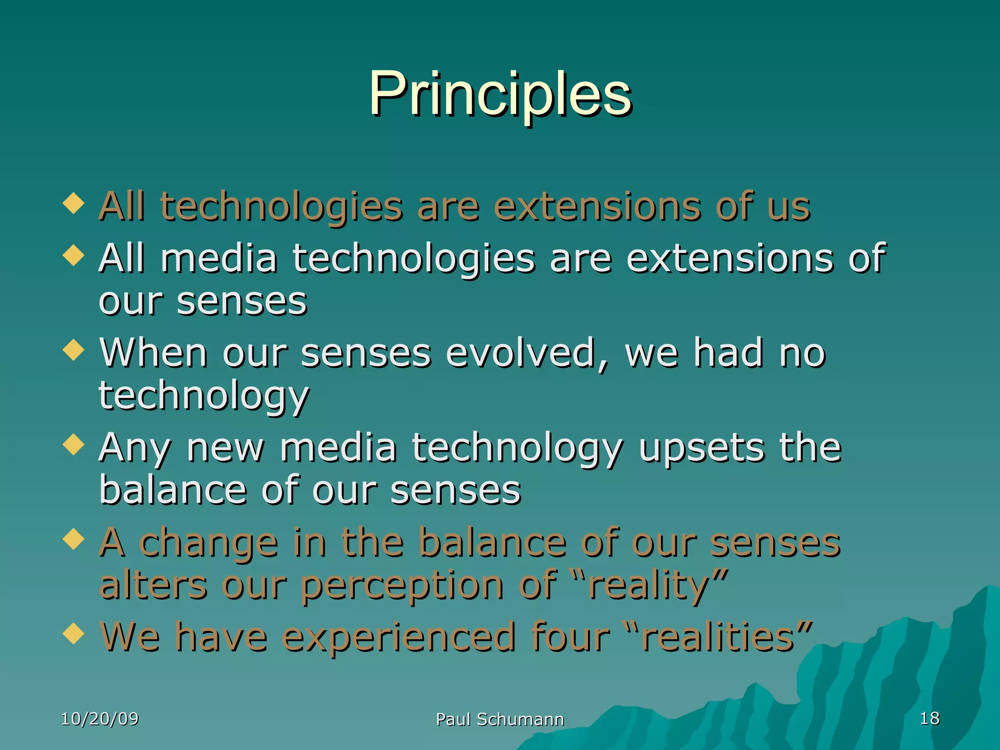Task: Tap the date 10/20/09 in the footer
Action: click(100, 719)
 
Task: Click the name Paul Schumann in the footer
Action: click(500, 719)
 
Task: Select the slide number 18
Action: click(929, 718)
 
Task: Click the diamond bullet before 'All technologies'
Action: click(74, 203)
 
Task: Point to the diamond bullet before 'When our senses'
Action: click(74, 350)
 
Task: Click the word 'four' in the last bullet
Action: click(570, 637)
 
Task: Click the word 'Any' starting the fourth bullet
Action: click(135, 449)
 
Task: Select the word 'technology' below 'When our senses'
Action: click(204, 396)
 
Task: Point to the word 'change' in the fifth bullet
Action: click(208, 543)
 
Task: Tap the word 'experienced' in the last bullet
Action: click(398, 638)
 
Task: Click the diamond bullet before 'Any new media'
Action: click(74, 445)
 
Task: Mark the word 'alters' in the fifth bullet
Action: click(153, 585)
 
